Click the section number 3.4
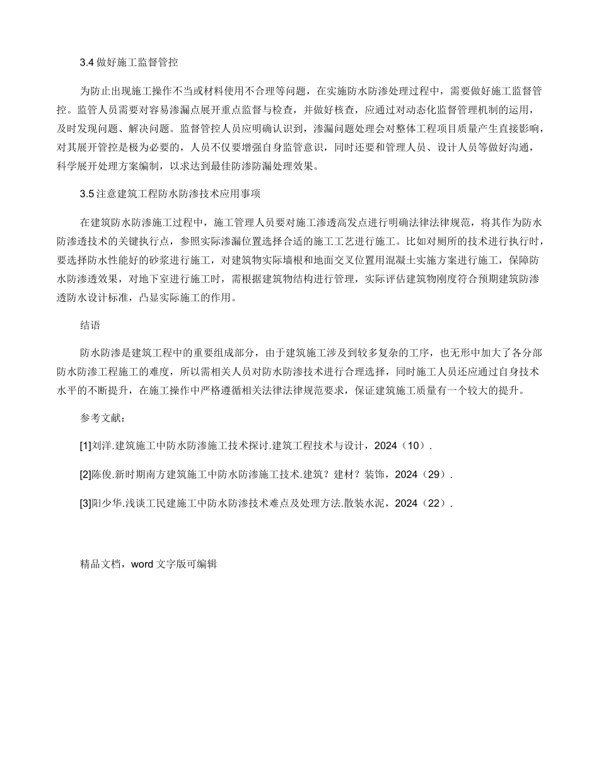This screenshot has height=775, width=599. click(x=87, y=62)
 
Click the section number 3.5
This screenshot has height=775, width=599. click(x=87, y=193)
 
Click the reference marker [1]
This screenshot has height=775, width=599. click(x=85, y=445)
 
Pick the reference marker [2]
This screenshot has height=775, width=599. click(x=85, y=474)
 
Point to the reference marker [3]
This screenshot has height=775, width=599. click(x=85, y=503)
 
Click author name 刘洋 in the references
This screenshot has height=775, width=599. click(x=101, y=445)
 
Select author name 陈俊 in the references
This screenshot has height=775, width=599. click(x=101, y=474)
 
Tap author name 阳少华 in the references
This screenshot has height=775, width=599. click(x=105, y=503)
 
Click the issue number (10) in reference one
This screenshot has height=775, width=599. click(x=414, y=445)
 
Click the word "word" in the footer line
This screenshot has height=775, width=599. click(x=142, y=565)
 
